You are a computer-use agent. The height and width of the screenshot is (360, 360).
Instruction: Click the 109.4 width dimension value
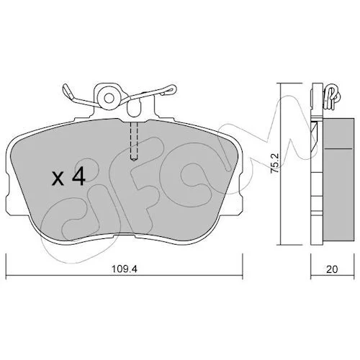tap(124, 269)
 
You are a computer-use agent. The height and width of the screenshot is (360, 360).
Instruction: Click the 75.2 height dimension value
tap(275, 163)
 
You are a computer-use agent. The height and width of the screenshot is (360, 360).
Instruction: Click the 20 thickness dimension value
tap(332, 269)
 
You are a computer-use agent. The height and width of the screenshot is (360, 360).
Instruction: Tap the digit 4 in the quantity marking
tap(79, 176)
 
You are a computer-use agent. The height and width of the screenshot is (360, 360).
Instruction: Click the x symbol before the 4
tap(58, 179)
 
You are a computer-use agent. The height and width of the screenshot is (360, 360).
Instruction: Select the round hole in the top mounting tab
tap(109, 98)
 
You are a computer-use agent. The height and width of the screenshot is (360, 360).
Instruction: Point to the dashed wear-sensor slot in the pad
tap(134, 141)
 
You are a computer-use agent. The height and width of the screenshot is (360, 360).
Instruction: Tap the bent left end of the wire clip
tap(68, 91)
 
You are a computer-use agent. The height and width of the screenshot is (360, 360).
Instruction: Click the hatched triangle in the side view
tap(315, 136)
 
